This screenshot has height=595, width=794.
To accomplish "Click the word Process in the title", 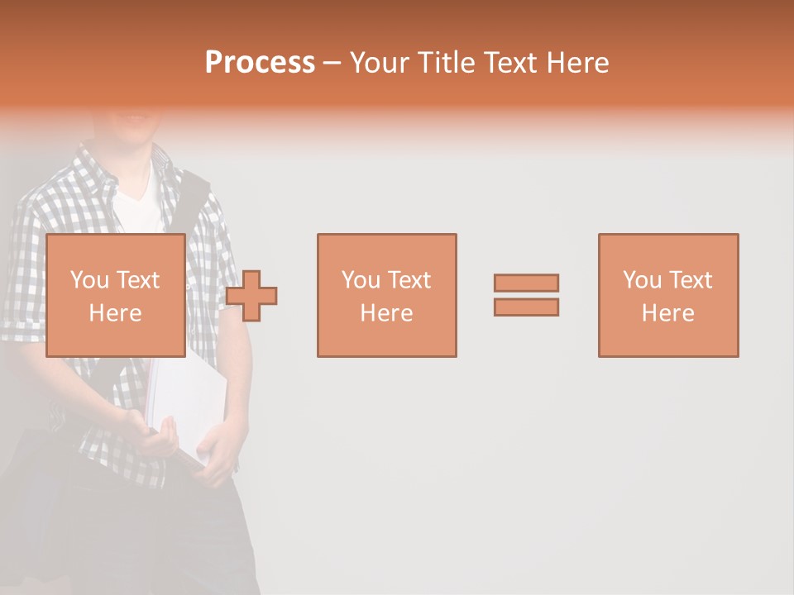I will pyautogui.click(x=260, y=63).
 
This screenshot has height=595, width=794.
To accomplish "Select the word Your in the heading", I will pyautogui.click(x=379, y=63).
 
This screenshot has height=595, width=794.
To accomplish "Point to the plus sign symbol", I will pyautogui.click(x=251, y=295).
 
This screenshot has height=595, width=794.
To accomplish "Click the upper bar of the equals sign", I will pyautogui.click(x=526, y=283).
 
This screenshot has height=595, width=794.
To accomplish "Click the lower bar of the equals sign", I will pyautogui.click(x=526, y=307).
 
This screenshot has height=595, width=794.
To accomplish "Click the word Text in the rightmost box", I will pyautogui.click(x=690, y=280).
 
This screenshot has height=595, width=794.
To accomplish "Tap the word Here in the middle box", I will pyautogui.click(x=386, y=313).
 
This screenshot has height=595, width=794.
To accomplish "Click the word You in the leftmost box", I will pyautogui.click(x=89, y=280).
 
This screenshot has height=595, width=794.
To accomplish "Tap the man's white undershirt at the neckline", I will pyautogui.click(x=137, y=202).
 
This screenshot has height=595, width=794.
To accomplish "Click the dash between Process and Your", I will pyautogui.click(x=332, y=63).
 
